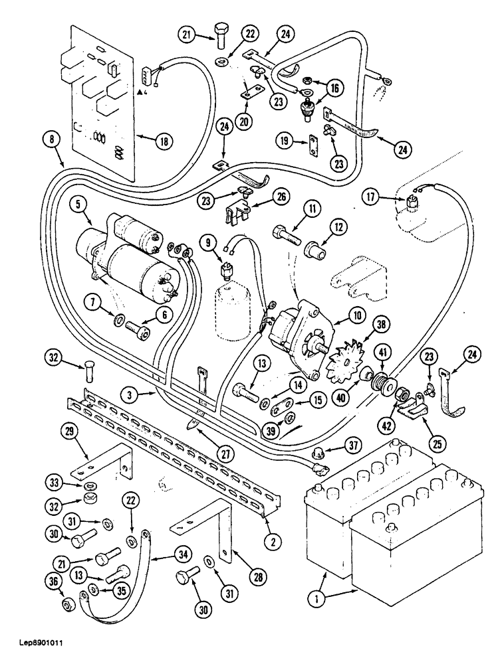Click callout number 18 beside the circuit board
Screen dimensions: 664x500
(162, 140)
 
